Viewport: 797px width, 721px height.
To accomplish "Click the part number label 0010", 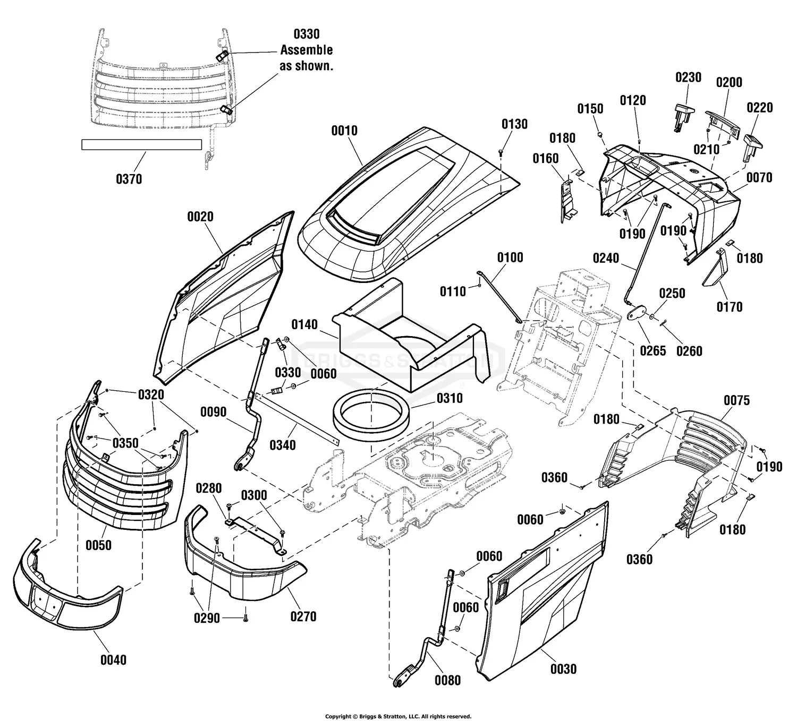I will coord(344,131).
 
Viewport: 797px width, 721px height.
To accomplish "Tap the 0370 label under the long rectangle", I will coord(129,179).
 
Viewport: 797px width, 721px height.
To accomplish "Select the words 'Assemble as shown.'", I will coord(307,58).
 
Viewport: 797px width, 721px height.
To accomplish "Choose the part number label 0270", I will coord(303,616).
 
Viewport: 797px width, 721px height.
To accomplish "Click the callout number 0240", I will coord(606,258).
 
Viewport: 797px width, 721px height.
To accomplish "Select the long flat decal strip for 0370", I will coord(141,144).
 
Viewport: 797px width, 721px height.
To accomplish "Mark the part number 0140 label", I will coord(304,324).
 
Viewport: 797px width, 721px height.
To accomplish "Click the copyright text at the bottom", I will coord(398,716).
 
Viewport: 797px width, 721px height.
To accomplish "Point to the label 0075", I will coord(736,400).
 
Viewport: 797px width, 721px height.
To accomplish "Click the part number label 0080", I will coord(447,680).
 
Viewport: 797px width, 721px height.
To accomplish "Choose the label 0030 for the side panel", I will coord(563,669).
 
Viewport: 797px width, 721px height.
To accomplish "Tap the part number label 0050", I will coord(98,545).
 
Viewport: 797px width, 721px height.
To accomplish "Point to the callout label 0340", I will coord(283,444).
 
